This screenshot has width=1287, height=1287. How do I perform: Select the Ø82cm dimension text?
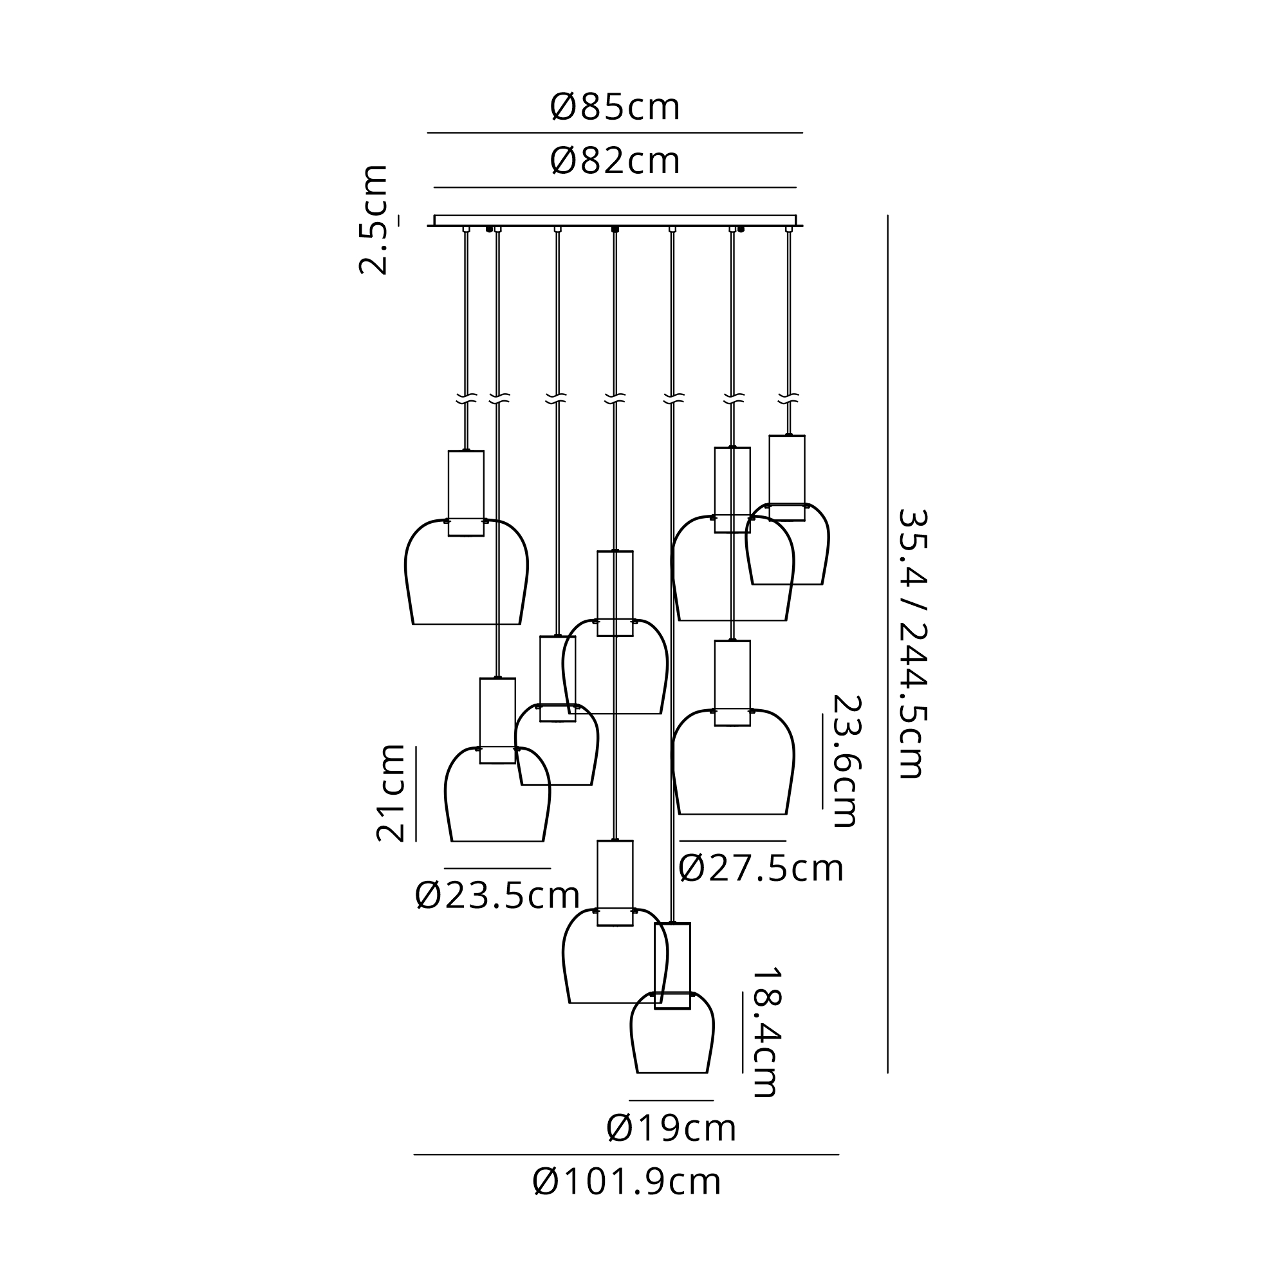[615, 162]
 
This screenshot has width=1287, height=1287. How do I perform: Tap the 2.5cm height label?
[373, 219]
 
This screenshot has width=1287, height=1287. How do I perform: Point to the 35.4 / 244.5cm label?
[911, 643]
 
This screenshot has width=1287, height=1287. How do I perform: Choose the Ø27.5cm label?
[761, 869]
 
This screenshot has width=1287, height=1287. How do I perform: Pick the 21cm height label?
[391, 793]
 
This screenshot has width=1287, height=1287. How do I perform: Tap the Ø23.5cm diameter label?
[497, 895]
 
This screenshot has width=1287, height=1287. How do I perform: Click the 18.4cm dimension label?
[764, 1032]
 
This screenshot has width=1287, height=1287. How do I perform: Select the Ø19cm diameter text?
[671, 1129]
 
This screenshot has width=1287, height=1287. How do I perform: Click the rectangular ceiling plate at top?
[615, 221]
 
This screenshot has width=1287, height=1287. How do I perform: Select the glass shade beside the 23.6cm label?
[733, 766]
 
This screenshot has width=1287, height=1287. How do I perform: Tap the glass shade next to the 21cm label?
[497, 799]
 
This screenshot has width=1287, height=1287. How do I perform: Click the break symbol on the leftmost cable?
[467, 400]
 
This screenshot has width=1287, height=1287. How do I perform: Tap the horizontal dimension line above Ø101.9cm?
[626, 1154]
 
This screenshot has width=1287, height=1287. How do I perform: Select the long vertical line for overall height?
[887, 643]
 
